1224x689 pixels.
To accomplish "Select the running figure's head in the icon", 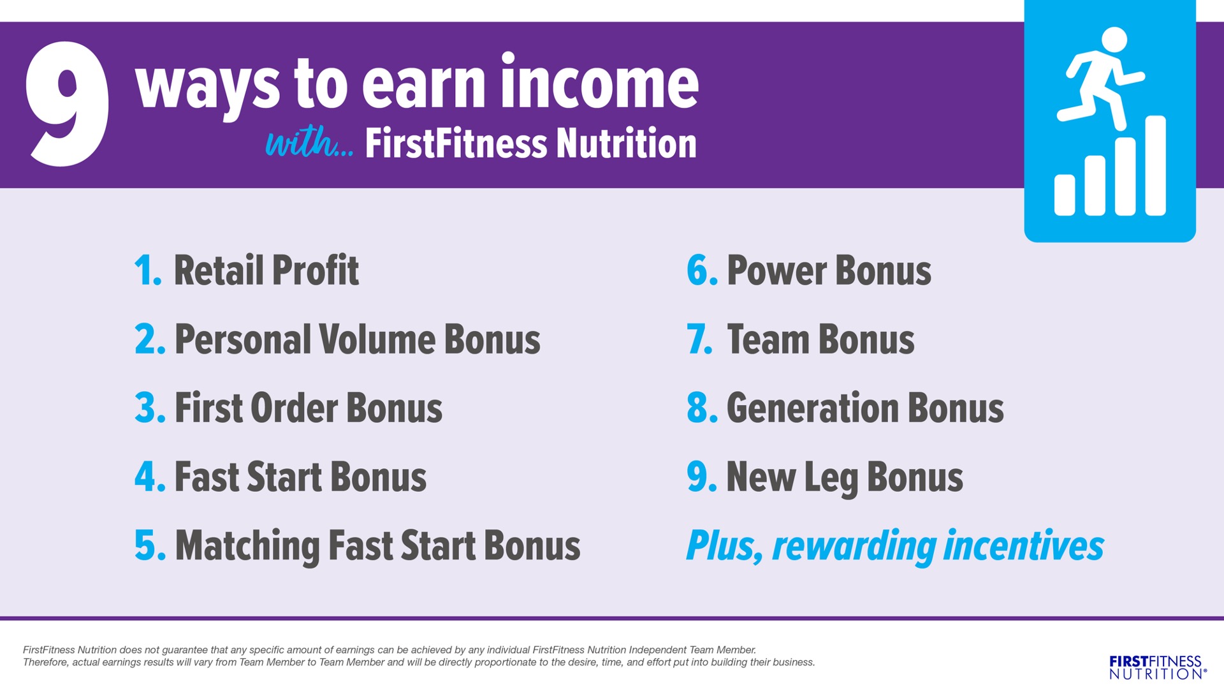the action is pos(1114,40).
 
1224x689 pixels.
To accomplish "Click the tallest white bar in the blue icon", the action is pos(1155,165).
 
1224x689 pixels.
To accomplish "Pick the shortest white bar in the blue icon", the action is pos(1065,195).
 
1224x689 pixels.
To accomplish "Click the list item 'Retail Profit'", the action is pos(266,270).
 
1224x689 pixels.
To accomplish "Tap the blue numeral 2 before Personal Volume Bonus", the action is pos(150,339).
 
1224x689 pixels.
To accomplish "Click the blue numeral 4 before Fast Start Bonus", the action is pos(150,477).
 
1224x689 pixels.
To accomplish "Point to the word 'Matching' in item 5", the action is pos(247,547).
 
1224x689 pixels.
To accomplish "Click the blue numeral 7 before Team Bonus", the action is pos(699,339).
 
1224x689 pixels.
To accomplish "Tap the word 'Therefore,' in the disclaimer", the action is pos(46,662).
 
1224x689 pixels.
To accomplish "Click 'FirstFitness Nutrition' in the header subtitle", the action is pos(531,143).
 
